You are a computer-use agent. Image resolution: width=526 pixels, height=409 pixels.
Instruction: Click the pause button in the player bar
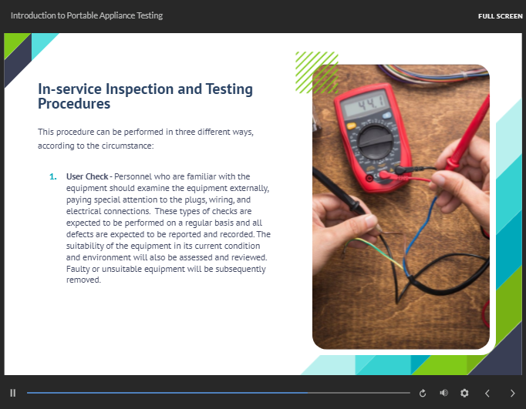pyautogui.click(x=13, y=393)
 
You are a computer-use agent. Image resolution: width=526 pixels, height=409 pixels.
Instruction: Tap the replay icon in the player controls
pyautogui.click(x=423, y=393)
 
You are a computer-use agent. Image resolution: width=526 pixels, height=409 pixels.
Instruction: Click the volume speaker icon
pyautogui.click(x=443, y=393)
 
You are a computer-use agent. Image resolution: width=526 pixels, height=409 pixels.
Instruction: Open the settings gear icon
pyautogui.click(x=464, y=393)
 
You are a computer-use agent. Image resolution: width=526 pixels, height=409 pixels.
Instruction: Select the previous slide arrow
pyautogui.click(x=487, y=393)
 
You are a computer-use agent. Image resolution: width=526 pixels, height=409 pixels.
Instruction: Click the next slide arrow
pyautogui.click(x=513, y=393)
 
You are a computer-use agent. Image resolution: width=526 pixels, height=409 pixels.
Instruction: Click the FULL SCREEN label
pyautogui.click(x=500, y=16)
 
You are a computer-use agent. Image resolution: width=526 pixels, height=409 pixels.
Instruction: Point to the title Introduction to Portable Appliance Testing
pyautogui.click(x=87, y=15)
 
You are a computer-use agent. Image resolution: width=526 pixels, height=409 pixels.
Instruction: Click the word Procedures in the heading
pyautogui.click(x=74, y=104)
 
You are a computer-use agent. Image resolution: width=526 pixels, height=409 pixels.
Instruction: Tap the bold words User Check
pyautogui.click(x=87, y=176)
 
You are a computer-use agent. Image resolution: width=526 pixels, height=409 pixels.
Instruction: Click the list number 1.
pyautogui.click(x=53, y=176)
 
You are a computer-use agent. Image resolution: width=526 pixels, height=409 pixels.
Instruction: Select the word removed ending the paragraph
pyautogui.click(x=83, y=280)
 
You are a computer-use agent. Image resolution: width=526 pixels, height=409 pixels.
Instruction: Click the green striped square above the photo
pyautogui.click(x=316, y=72)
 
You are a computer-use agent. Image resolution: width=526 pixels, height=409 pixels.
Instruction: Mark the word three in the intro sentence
pyautogui.click(x=187, y=132)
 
